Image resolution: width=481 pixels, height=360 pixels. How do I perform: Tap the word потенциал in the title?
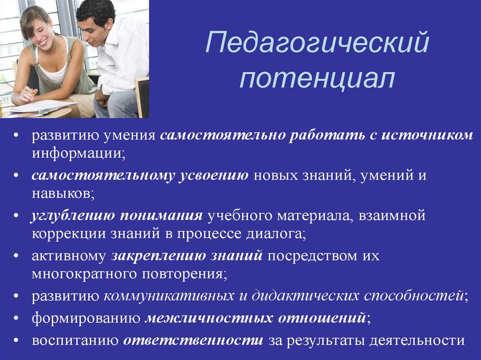317,80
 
